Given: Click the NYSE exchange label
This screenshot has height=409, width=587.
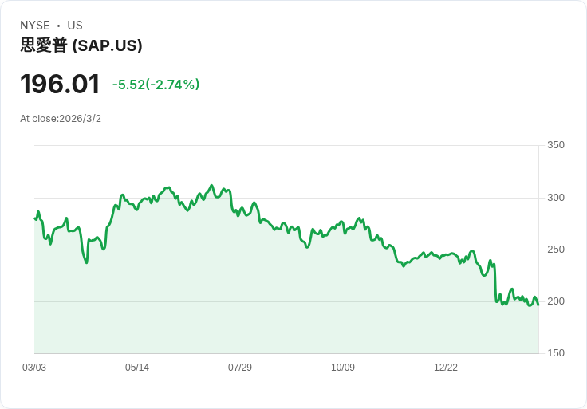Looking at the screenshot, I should pos(34,26).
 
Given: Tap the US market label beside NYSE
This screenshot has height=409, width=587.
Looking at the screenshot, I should pos(74,26).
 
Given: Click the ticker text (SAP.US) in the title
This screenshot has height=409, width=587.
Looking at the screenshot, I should pos(107,46).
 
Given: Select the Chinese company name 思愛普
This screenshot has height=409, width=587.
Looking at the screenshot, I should pos(44,46).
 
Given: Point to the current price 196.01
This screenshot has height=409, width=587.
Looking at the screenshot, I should pos(60,84).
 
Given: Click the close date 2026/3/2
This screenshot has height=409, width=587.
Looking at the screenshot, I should pos(80,119).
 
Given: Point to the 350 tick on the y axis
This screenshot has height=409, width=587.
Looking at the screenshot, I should pos(555,145).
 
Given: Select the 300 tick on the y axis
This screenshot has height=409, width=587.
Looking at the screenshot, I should pos(555,198).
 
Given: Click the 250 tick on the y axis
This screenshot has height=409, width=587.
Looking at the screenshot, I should pos(555,250).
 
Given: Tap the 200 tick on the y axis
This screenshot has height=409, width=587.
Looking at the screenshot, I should pos(555,301).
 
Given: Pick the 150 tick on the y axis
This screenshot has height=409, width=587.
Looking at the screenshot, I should pos(555,353).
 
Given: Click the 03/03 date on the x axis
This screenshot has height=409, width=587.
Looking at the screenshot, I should pos(34,368).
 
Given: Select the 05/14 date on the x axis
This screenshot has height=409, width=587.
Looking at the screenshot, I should pos(137,368).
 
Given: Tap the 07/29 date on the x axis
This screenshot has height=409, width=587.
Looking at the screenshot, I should pos(240,368).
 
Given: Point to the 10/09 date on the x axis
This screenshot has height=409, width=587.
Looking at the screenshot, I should pos(343,368).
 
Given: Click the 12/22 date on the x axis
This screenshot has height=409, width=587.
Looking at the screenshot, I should pos(446,368).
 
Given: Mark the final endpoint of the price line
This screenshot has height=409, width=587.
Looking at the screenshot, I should pos(538,305).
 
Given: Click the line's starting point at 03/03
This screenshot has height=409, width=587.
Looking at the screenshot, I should pos(35,218).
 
